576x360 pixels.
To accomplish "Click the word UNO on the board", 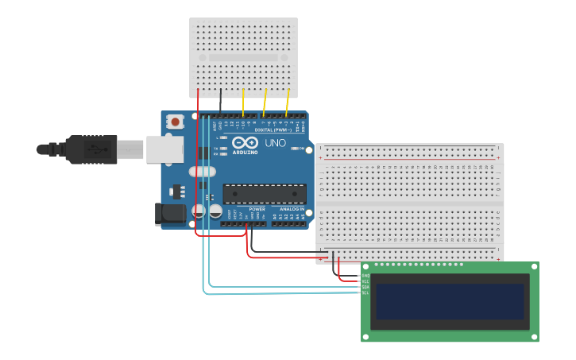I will pyautogui.click(x=275, y=143).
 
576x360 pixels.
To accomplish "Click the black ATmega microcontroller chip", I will pyautogui.click(x=265, y=194).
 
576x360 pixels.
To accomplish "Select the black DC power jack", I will pyautogui.click(x=170, y=213).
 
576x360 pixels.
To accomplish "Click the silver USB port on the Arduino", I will pyautogui.click(x=164, y=149).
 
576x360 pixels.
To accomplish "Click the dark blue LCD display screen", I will pyautogui.click(x=450, y=301).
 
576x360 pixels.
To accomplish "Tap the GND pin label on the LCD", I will pyautogui.click(x=365, y=276).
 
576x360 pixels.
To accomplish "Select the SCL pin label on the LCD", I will pyautogui.click(x=365, y=292).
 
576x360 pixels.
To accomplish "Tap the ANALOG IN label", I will pyautogui.click(x=290, y=209).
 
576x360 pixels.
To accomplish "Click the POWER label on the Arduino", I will pyautogui.click(x=257, y=209).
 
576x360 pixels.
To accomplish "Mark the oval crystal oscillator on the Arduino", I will pyautogui.click(x=202, y=172).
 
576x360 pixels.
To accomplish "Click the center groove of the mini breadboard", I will pyautogui.click(x=243, y=57).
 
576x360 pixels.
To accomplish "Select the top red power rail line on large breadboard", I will pyautogui.click(x=409, y=159).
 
